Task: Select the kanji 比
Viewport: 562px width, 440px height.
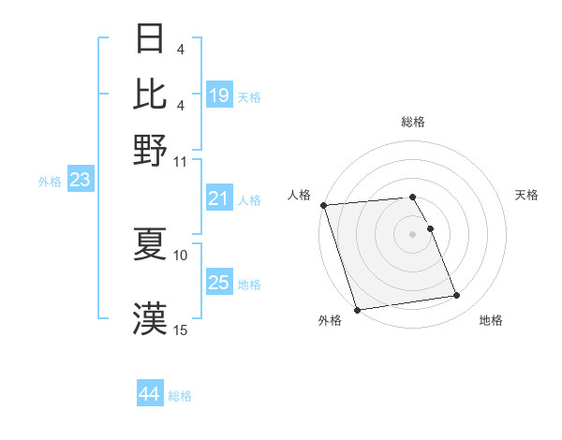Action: point(151,94)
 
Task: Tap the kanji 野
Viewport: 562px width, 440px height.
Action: point(151,150)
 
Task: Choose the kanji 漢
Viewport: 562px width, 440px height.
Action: point(151,317)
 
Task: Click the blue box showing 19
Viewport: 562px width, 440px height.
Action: point(219,95)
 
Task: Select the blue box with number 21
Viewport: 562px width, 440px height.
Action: point(219,198)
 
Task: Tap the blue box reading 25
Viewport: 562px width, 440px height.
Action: point(219,283)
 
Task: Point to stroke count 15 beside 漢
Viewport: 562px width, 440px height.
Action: point(181,330)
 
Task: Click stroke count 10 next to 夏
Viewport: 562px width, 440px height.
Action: point(181,255)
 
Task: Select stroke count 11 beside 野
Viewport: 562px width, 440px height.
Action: point(181,161)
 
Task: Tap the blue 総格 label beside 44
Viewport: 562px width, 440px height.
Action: point(180,396)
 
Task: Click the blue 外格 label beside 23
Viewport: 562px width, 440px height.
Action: point(50,182)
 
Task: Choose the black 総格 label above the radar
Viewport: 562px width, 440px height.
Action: point(412,122)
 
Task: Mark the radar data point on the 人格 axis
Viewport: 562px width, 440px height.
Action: point(323,205)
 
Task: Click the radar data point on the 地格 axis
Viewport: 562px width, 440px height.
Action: point(457,296)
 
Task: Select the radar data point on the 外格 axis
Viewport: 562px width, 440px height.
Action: point(357,310)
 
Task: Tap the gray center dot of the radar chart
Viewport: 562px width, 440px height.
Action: point(412,233)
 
